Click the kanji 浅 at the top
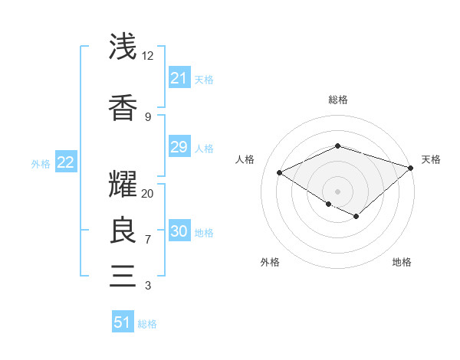point(123,47)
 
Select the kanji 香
point(123,107)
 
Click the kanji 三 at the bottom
point(123,274)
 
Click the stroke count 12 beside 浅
point(148,56)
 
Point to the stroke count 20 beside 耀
point(148,194)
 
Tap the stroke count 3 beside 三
point(147,286)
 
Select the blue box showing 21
point(179,78)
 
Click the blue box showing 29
point(179,147)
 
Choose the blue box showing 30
point(179,232)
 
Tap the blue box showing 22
point(65,162)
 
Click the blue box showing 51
point(123,322)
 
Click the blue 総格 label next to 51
point(147,324)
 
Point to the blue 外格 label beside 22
point(41,163)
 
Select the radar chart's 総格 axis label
point(337,100)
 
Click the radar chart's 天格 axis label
point(431,159)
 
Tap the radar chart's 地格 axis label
point(402,262)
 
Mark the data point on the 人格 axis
point(280,173)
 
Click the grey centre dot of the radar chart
point(337,191)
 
